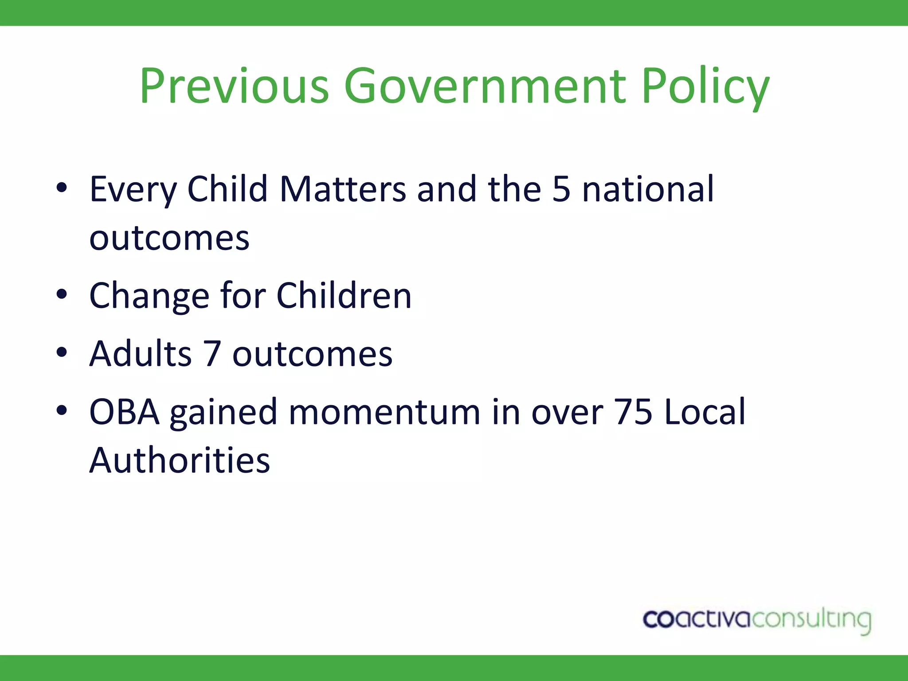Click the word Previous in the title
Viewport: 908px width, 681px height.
click(x=235, y=86)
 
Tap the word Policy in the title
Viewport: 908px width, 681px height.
click(x=705, y=86)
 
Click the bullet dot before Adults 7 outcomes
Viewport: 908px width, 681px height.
click(x=62, y=352)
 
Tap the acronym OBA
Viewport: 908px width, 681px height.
click(x=124, y=412)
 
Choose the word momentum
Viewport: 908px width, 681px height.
click(x=384, y=412)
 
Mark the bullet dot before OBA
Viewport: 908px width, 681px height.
click(x=62, y=410)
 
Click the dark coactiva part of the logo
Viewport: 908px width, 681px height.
click(x=696, y=619)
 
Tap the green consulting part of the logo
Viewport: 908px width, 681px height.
click(x=811, y=620)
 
